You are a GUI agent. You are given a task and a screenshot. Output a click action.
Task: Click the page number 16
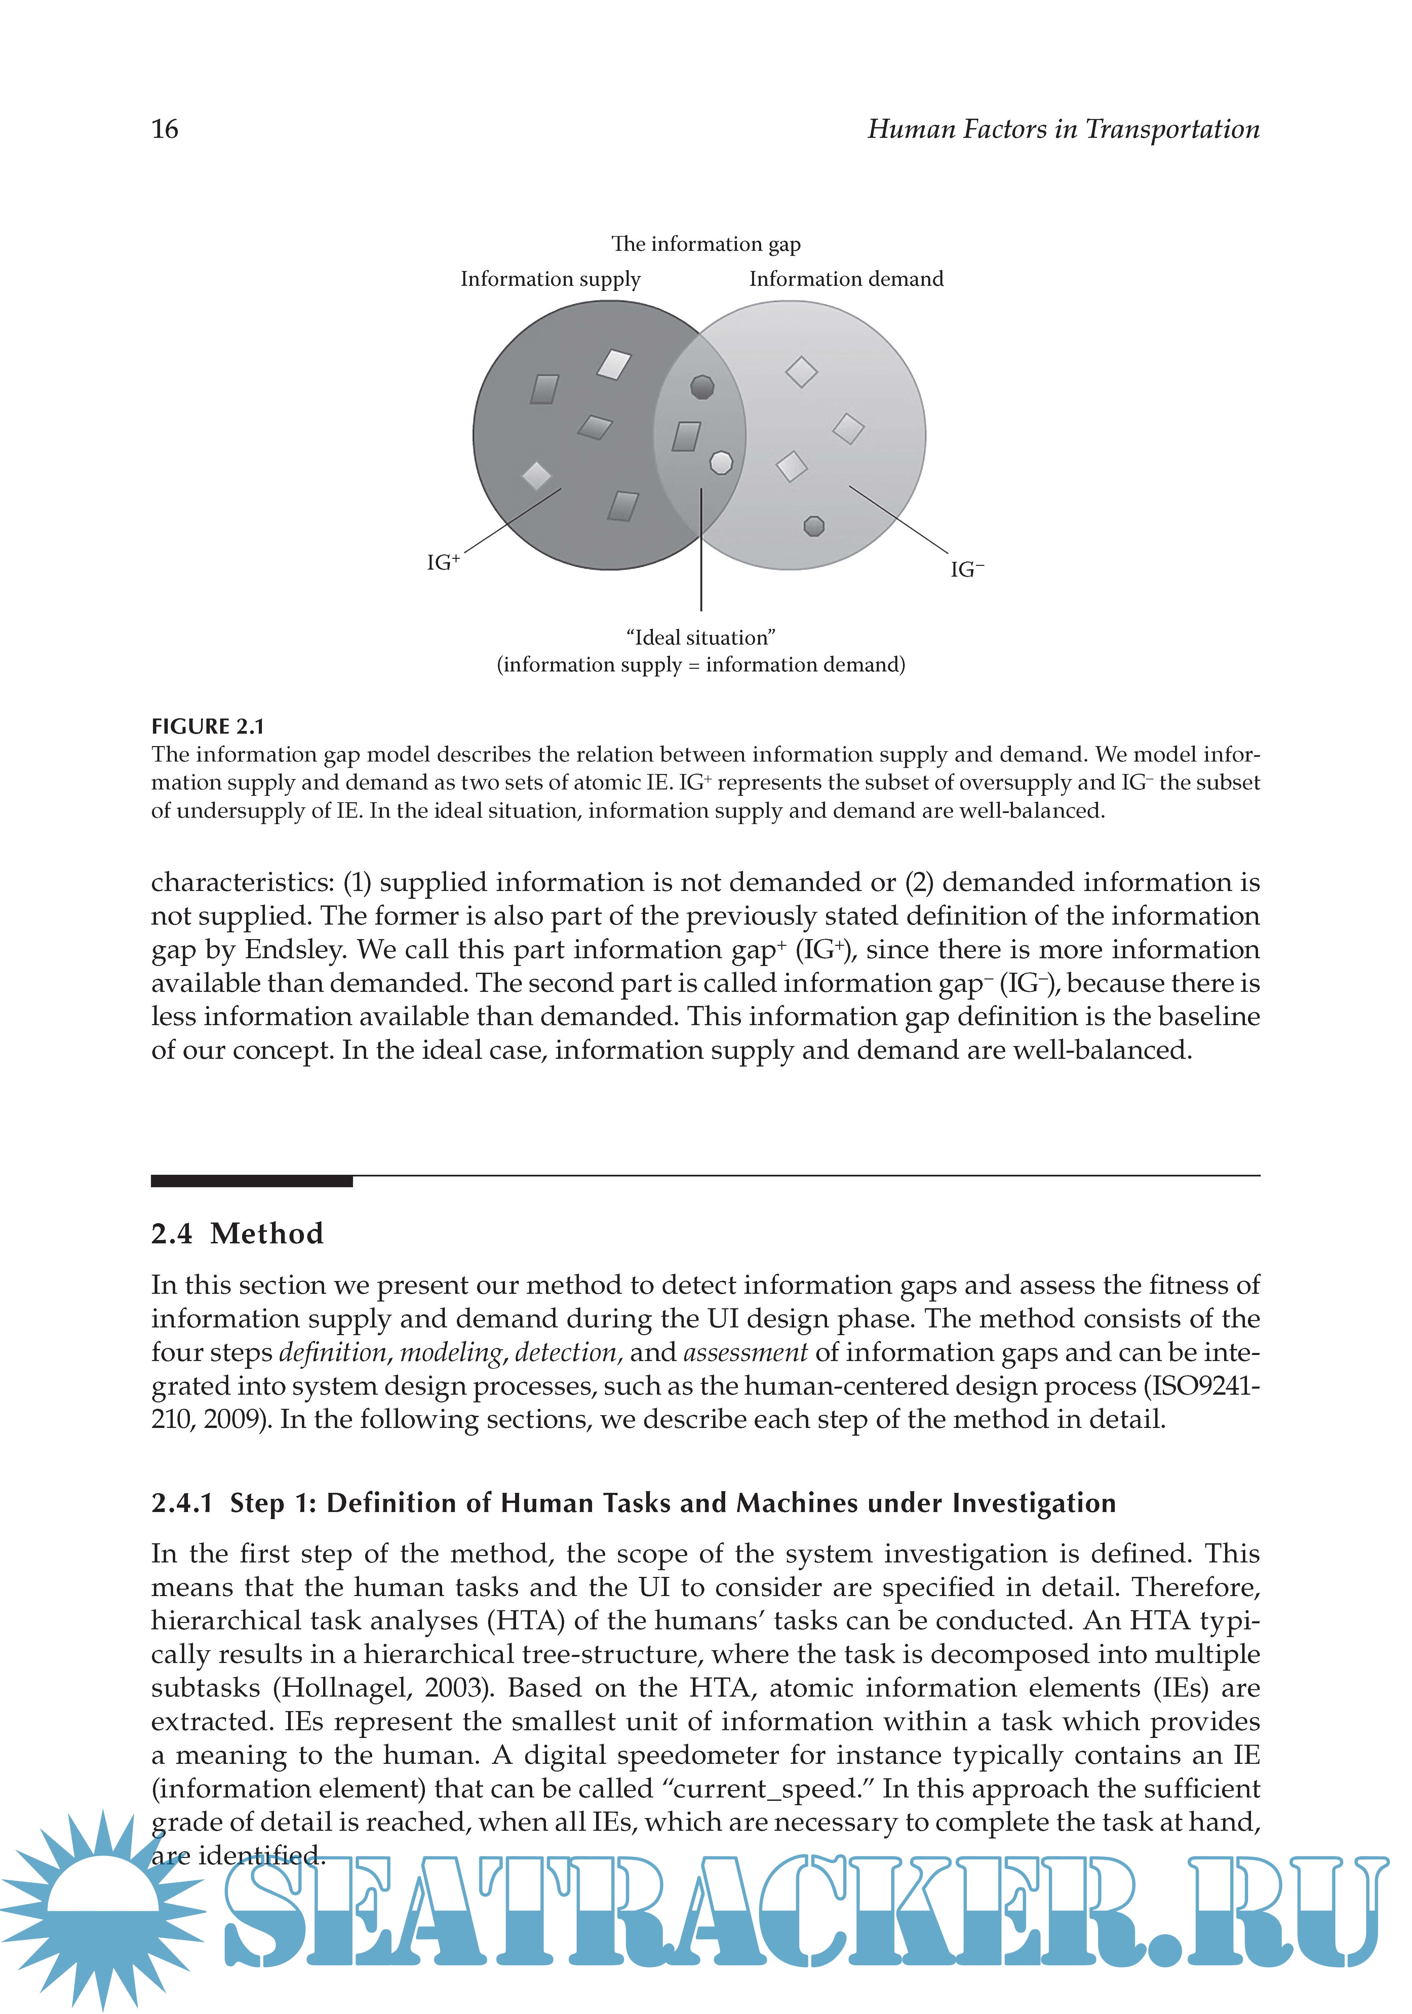point(165,130)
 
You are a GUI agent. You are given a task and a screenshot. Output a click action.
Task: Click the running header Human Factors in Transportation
point(1063,130)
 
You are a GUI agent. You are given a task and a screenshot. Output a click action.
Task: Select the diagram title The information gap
point(705,244)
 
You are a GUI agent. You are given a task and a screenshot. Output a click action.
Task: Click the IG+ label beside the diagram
point(443,562)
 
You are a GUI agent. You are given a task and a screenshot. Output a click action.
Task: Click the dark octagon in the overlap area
point(702,386)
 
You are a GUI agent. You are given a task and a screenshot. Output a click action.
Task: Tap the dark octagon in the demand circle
point(814,526)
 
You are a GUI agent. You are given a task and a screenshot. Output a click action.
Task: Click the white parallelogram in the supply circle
point(614,364)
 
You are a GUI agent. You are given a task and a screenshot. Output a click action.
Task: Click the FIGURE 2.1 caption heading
point(208,726)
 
